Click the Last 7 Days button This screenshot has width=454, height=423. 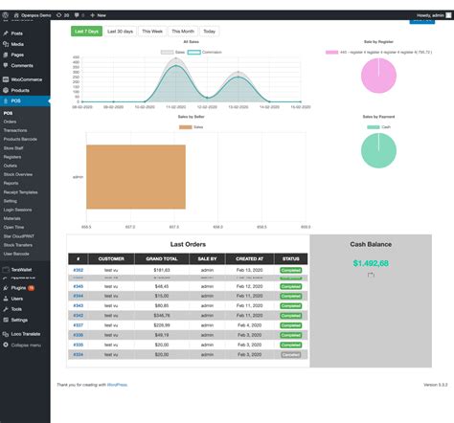86,32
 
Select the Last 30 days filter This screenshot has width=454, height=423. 120,32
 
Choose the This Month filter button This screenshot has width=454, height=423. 183,32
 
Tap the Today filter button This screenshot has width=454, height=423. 209,32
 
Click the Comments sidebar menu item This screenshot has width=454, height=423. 22,65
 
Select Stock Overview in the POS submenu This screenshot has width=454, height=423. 18,174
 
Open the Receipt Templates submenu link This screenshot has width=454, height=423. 21,192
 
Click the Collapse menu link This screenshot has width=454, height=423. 25,344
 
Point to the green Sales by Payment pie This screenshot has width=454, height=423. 378,150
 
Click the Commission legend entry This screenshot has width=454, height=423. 210,52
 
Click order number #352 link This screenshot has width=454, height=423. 79,271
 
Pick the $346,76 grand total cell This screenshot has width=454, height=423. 161,314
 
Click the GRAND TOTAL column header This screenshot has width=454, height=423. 161,258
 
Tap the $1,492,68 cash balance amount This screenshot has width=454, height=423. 370,263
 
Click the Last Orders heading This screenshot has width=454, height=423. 188,243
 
